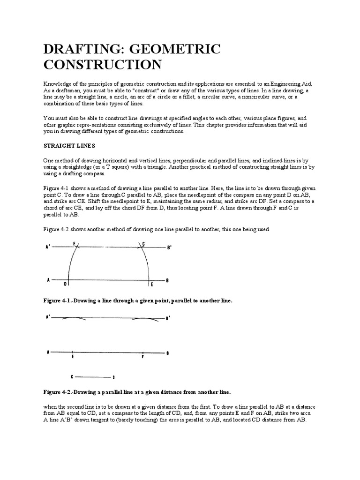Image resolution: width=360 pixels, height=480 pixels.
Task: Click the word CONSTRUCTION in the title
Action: click(102, 64)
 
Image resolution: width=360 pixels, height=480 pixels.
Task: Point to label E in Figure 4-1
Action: click(151, 284)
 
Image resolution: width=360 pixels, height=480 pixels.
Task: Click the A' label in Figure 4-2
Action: click(47, 317)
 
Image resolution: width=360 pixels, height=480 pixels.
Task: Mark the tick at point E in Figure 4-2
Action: click(73, 352)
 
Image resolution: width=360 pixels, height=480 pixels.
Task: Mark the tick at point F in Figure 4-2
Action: click(143, 352)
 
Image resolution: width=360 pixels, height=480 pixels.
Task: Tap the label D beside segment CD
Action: click(113, 377)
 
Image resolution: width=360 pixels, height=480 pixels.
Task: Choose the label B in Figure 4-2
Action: click(167, 352)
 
